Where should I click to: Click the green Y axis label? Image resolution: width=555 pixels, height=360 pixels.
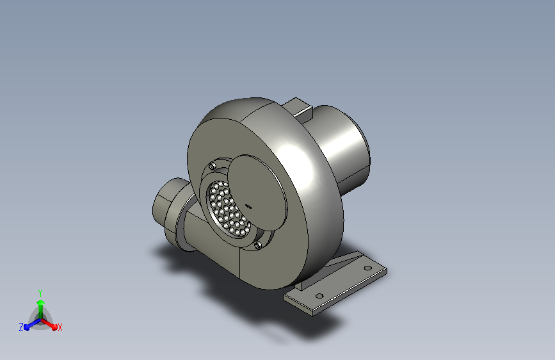[40, 293]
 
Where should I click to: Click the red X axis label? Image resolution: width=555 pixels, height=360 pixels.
[60, 327]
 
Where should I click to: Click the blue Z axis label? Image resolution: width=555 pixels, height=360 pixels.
[21, 327]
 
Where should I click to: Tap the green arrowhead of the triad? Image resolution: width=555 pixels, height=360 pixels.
[41, 302]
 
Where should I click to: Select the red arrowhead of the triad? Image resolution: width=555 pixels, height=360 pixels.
[54, 327]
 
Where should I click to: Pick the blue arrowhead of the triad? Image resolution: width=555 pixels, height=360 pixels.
[27, 327]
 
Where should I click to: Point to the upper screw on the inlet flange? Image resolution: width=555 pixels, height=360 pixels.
[213, 166]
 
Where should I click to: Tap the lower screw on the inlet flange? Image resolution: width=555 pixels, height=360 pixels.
[258, 245]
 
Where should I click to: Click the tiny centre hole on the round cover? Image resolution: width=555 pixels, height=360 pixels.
[248, 206]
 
